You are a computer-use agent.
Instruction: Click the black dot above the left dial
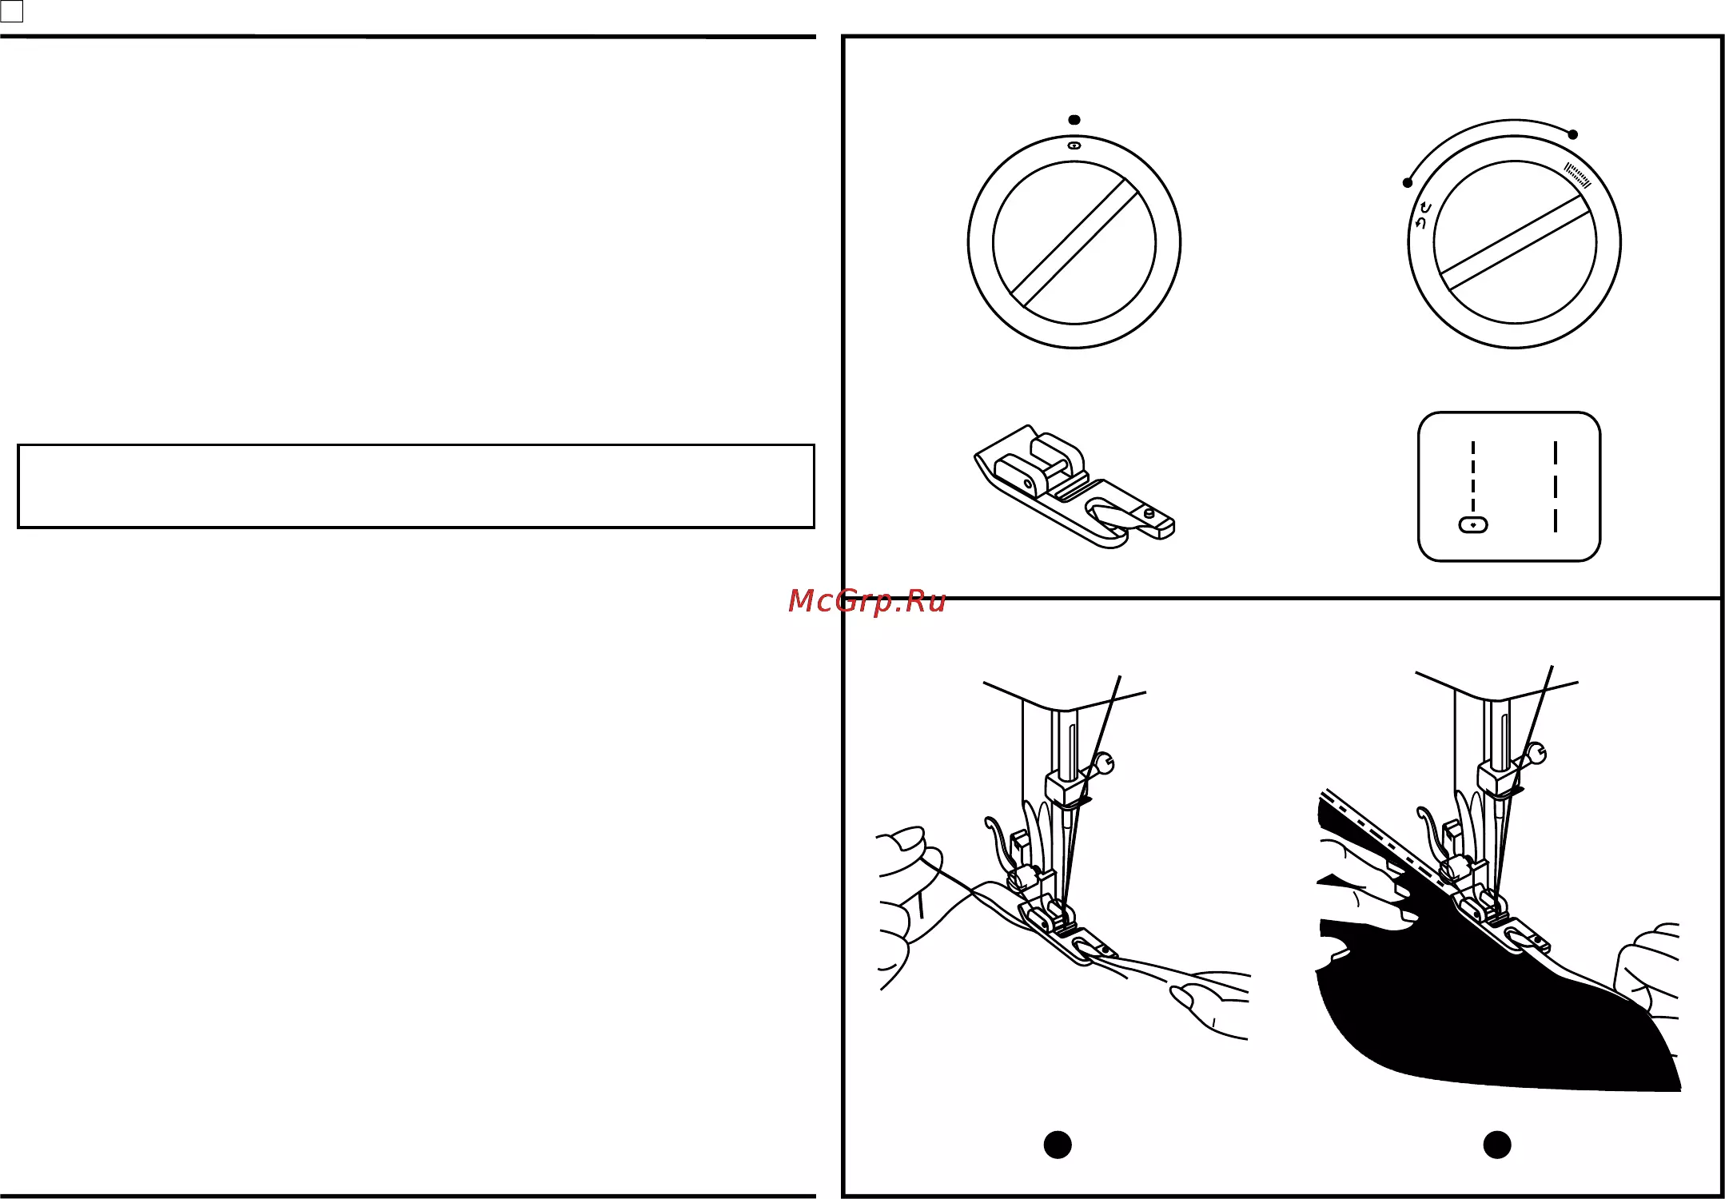1074,120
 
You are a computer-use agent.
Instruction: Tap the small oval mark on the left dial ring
1074,145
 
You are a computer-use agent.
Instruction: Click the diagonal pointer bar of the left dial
1074,243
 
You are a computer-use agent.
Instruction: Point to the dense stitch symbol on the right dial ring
1578,175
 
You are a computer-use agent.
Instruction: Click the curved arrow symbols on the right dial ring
1423,214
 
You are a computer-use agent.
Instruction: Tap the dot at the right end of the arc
1573,134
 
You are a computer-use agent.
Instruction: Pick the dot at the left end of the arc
1408,183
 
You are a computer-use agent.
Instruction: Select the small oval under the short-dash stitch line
1473,525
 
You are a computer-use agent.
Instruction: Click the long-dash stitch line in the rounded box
1556,487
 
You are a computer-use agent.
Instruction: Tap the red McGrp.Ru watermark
866,601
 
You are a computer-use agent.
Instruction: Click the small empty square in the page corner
12,11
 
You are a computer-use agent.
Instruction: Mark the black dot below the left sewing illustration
1058,1145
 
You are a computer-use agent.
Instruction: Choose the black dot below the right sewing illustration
1497,1145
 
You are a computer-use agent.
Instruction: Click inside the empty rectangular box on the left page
416,486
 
